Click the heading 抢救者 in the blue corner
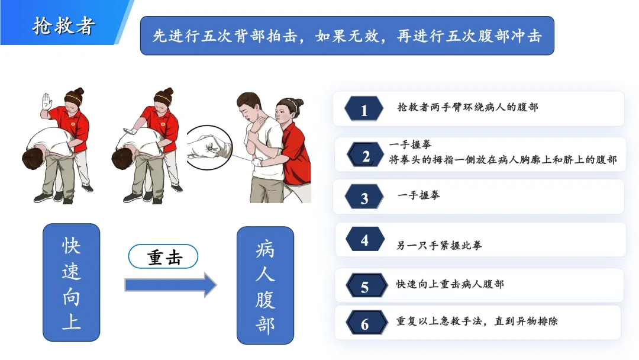(x=64, y=26)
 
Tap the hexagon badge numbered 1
(x=364, y=109)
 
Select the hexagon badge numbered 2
(x=366, y=155)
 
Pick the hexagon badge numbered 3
(x=364, y=197)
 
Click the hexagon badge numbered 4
(x=364, y=239)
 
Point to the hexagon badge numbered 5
(x=366, y=285)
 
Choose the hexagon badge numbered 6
(x=366, y=323)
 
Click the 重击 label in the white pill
(x=164, y=257)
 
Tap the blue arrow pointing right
(x=170, y=285)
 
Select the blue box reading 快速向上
(x=72, y=282)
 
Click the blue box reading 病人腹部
(x=265, y=285)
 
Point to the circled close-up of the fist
(x=209, y=147)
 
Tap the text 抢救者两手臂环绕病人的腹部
(x=467, y=107)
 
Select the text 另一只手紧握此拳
(x=439, y=245)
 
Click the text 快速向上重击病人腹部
(x=450, y=284)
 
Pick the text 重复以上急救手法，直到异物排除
(x=477, y=322)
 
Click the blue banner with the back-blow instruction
(x=347, y=36)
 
